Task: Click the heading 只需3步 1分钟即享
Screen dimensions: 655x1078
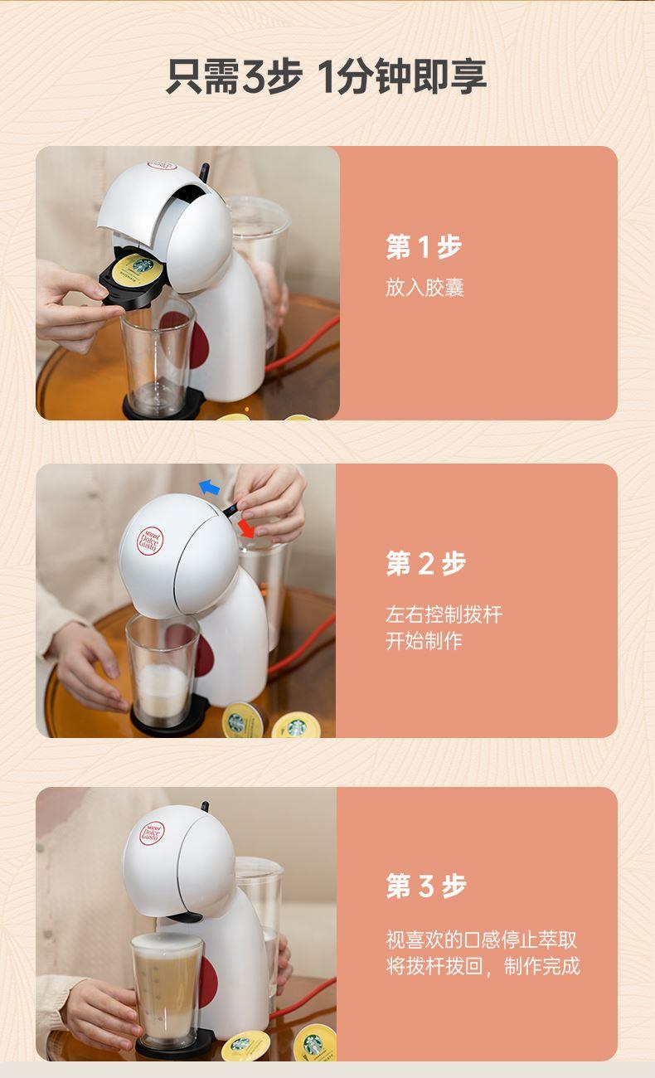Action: tap(327, 76)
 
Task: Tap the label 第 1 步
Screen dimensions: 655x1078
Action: tap(424, 247)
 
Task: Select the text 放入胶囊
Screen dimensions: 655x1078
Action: tap(425, 287)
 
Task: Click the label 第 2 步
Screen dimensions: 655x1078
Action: tap(426, 563)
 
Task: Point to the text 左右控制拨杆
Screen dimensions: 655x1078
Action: tap(444, 614)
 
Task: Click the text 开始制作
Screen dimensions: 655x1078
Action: tap(424, 640)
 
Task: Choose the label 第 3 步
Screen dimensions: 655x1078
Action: tap(426, 886)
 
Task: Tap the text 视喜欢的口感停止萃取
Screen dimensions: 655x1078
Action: tap(481, 940)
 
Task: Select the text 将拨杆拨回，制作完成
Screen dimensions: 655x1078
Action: tap(483, 965)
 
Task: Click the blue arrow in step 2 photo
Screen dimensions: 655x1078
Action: tap(209, 487)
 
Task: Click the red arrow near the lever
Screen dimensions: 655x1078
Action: tap(246, 528)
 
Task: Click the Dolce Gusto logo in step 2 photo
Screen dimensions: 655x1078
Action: tap(150, 541)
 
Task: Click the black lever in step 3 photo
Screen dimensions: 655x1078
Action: tap(206, 806)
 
